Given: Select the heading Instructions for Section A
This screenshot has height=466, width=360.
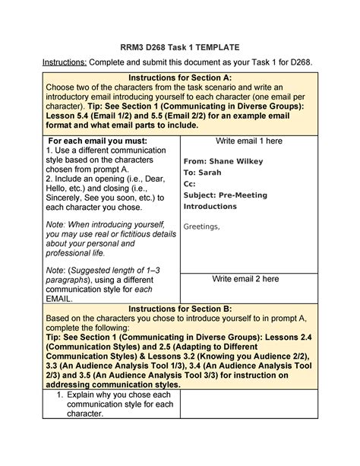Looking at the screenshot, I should pyautogui.click(x=180, y=78).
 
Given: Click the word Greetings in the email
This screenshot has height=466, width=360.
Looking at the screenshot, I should pyautogui.click(x=202, y=226).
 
